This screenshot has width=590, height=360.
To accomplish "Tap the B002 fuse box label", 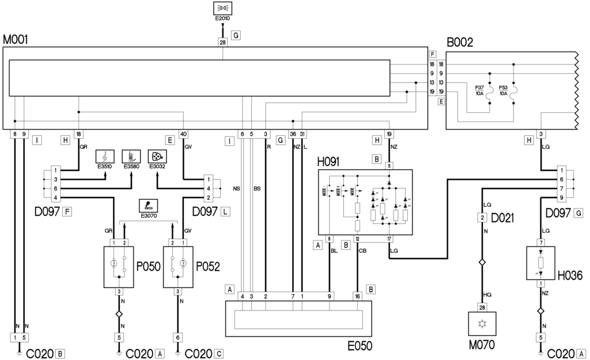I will (x=459, y=41).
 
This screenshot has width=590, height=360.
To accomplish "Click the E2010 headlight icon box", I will (x=222, y=9).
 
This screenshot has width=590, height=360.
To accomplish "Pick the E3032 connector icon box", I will (x=157, y=156).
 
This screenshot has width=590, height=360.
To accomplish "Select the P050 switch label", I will (x=147, y=267).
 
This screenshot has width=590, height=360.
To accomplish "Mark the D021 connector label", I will (x=502, y=219).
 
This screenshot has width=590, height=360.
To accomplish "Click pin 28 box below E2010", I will (x=222, y=41).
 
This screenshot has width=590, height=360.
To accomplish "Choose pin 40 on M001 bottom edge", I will (x=183, y=134).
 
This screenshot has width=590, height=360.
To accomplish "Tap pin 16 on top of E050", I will (x=358, y=296).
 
